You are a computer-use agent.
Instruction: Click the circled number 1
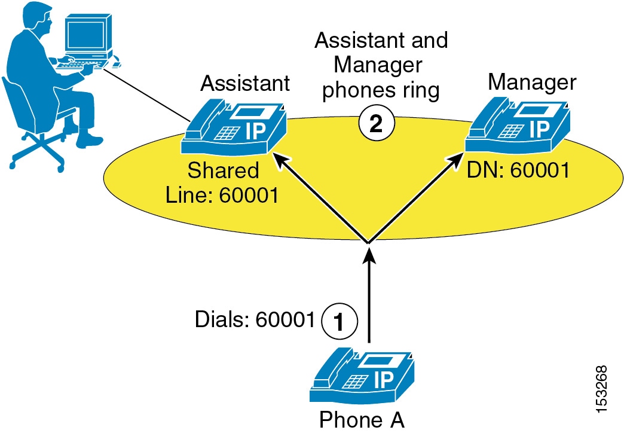click(x=339, y=321)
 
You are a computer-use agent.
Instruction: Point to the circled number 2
click(x=375, y=123)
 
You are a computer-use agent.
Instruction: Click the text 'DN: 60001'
click(x=518, y=172)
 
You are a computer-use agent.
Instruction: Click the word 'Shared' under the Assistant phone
click(x=224, y=170)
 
